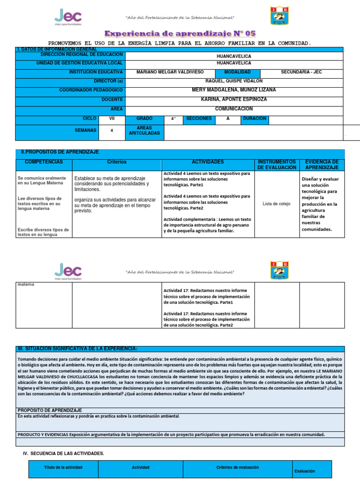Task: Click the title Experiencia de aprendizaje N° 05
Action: [180, 34]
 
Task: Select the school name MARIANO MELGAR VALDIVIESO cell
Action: [170, 72]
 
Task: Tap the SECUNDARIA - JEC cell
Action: [301, 72]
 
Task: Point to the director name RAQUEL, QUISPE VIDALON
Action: [234, 81]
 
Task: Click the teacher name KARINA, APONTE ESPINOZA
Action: [234, 99]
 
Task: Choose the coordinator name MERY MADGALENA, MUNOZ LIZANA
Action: [234, 90]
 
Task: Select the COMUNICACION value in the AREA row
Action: [234, 109]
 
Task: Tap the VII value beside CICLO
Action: [112, 119]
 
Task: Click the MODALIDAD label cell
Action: [237, 72]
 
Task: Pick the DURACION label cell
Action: [255, 119]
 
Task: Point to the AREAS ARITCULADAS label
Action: [144, 130]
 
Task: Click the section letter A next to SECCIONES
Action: [228, 119]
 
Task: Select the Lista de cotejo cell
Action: [277, 204]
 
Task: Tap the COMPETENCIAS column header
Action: [44, 162]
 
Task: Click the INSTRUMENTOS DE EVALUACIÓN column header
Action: [277, 165]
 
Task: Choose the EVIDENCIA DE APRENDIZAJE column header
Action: [322, 165]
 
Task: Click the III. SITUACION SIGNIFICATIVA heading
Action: [77, 349]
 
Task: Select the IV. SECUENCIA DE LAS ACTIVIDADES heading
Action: [63, 453]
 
